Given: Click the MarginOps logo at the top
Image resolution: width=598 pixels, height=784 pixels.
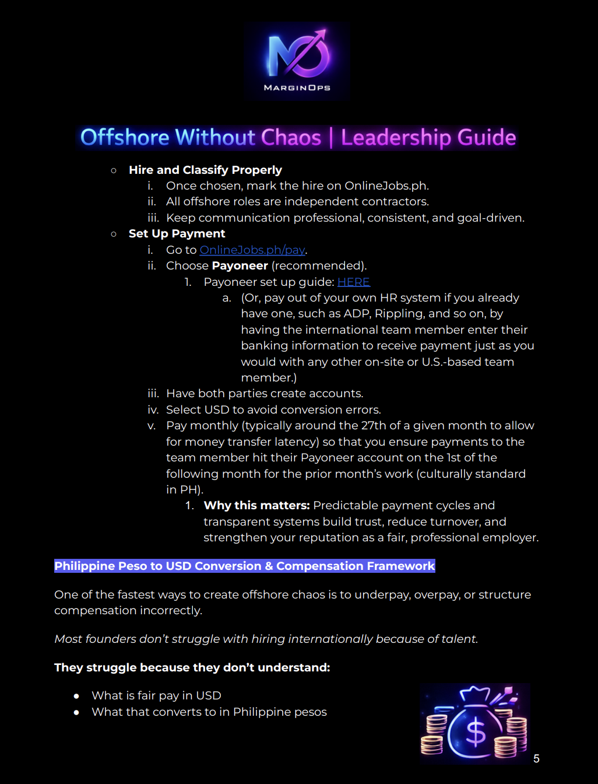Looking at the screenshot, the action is [x=297, y=61].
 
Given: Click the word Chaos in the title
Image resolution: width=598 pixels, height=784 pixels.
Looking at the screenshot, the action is [x=291, y=138].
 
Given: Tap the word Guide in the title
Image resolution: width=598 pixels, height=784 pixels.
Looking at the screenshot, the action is [x=487, y=138].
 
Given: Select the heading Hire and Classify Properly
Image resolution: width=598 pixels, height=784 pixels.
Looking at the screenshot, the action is [x=205, y=170].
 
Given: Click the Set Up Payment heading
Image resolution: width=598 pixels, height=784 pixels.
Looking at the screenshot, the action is [x=177, y=233].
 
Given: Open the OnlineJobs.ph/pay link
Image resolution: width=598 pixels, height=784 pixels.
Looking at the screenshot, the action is [x=252, y=250].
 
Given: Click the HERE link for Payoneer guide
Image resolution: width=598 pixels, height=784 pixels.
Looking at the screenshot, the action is [x=353, y=282].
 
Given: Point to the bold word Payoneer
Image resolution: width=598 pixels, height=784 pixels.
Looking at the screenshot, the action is [x=240, y=265].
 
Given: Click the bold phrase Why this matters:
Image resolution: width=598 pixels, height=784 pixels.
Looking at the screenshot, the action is [x=256, y=505].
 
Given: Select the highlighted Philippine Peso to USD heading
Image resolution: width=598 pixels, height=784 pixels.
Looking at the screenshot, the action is [x=244, y=566].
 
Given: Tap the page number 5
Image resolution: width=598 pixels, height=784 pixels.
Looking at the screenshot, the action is [x=536, y=758].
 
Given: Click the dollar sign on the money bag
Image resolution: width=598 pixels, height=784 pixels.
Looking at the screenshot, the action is [x=476, y=731].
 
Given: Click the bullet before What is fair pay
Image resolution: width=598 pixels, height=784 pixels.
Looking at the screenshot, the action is [x=76, y=696].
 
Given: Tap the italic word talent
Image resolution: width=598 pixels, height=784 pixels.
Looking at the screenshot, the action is [x=459, y=639].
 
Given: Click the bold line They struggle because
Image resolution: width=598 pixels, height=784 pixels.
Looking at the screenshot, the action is [x=192, y=667].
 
